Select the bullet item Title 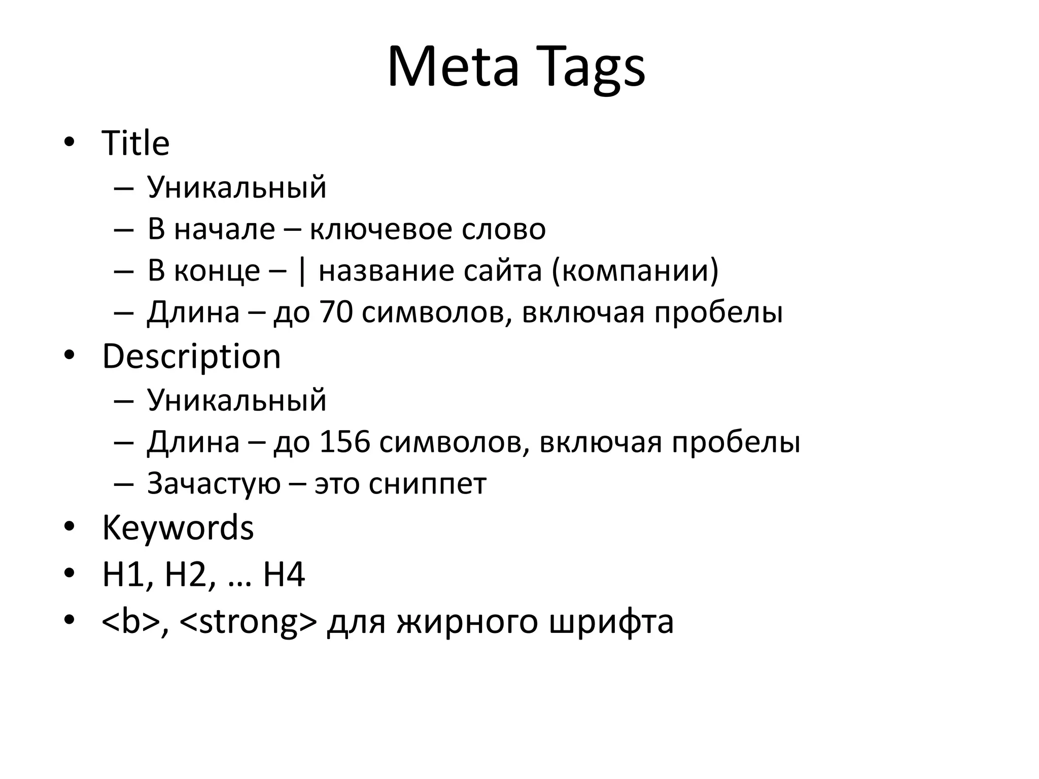click(135, 143)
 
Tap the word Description click(191, 357)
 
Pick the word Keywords click(178, 528)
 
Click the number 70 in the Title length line click(336, 312)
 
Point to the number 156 click(344, 442)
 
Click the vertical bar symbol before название click(302, 271)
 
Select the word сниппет click(427, 483)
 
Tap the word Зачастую click(214, 483)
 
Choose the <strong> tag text click(248, 622)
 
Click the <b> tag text click(130, 622)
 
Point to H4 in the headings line click(284, 575)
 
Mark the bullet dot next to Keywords click(70, 527)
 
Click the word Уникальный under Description click(236, 400)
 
